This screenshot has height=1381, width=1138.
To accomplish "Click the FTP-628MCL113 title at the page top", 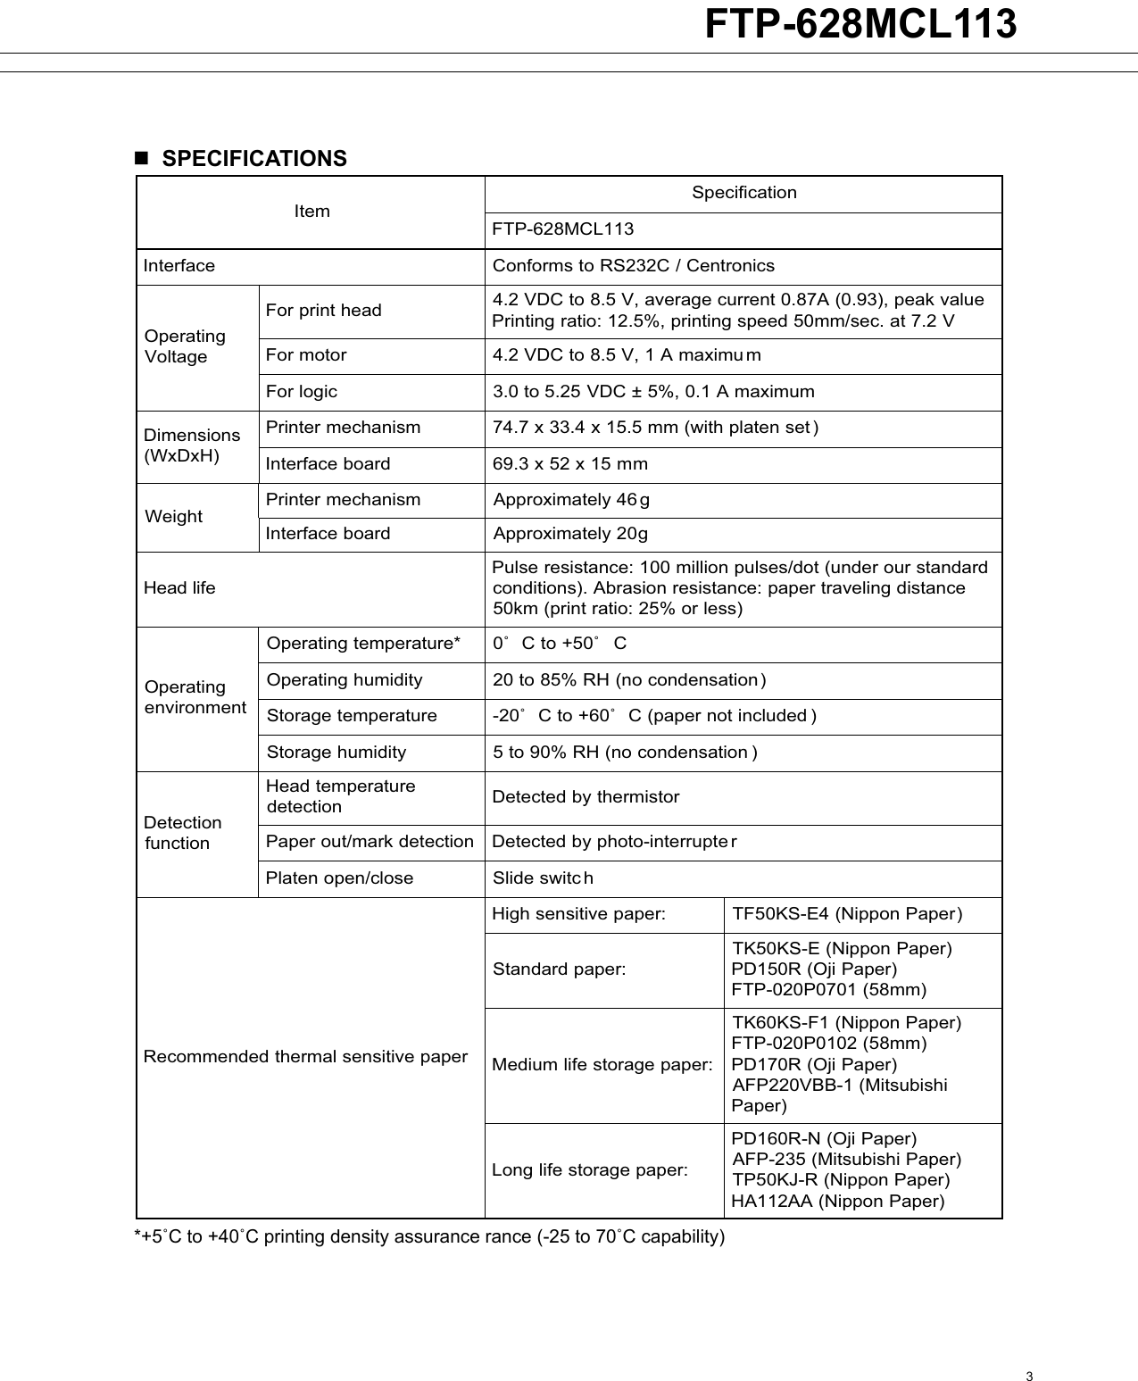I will click(x=860, y=24).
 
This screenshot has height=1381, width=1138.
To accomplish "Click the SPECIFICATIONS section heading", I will click(x=253, y=159).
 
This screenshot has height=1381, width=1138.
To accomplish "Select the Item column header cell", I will click(x=311, y=212).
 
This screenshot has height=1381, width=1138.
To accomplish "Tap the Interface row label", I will click(x=179, y=266).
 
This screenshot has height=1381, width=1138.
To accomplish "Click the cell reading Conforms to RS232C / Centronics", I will click(x=633, y=266).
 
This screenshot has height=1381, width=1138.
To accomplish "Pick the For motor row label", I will click(x=306, y=355).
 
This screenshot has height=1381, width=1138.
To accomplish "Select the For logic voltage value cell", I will click(x=653, y=392).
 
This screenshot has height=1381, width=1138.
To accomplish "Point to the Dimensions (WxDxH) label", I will click(x=192, y=445).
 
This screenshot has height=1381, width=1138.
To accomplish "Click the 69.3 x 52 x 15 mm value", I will click(x=570, y=464).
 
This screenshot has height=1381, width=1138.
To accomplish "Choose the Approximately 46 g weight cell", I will click(x=571, y=500).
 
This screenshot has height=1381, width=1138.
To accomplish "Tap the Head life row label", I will click(x=179, y=588).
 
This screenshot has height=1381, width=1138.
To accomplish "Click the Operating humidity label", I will click(x=345, y=680).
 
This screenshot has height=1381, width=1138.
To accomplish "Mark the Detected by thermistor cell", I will click(x=586, y=797).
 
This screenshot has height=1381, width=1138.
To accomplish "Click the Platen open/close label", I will click(x=339, y=878).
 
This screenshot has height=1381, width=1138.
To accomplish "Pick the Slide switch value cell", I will click(x=543, y=878).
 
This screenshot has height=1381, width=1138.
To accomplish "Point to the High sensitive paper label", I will click(x=578, y=914).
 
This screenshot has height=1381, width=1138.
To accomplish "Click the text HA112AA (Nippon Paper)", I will click(x=837, y=1202).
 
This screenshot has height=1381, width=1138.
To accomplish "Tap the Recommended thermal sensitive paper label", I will click(x=305, y=1057).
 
